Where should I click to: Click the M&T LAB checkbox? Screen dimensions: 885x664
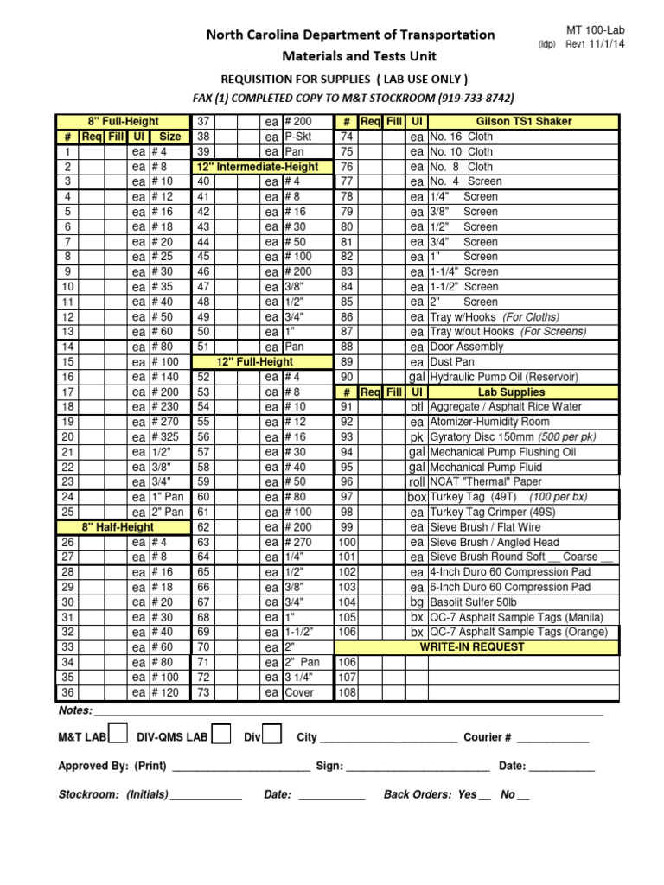pyautogui.click(x=119, y=735)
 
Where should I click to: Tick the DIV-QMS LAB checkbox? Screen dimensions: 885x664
pyautogui.click(x=221, y=735)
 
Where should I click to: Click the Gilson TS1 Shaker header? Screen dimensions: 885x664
pyautogui.click(x=524, y=122)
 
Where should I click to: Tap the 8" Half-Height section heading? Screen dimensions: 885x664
pyautogui.click(x=118, y=527)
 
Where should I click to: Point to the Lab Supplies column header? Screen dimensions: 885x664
pyautogui.click(x=524, y=392)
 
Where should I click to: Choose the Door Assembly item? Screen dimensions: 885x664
pyautogui.click(x=467, y=347)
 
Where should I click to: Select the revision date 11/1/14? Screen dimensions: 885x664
pyautogui.click(x=607, y=44)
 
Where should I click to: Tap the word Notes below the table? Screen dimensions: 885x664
pyautogui.click(x=75, y=710)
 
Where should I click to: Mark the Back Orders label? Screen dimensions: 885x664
pyautogui.click(x=418, y=794)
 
